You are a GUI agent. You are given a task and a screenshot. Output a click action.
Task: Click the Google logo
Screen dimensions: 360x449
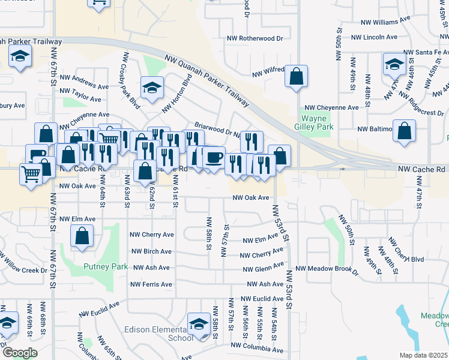click(x=20, y=353)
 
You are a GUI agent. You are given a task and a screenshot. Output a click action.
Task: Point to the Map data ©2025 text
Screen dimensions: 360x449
click(x=424, y=355)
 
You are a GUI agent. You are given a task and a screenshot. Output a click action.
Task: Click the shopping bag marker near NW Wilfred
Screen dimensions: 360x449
click(x=296, y=76)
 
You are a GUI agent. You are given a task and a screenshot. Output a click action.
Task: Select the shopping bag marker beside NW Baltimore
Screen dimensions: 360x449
click(x=405, y=130)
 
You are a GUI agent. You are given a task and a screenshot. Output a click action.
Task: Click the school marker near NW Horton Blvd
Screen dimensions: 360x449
click(x=152, y=88)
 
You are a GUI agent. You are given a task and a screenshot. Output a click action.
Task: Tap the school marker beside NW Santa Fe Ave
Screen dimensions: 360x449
click(x=394, y=64)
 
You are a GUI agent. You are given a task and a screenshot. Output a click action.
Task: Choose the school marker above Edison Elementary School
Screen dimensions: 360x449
click(x=198, y=324)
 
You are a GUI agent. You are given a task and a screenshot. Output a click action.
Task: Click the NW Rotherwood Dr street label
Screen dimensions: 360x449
click(x=255, y=38)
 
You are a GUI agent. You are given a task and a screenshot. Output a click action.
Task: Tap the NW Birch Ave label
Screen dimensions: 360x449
click(x=151, y=251)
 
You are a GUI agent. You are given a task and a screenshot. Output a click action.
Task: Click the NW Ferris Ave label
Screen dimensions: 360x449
click(x=151, y=284)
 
